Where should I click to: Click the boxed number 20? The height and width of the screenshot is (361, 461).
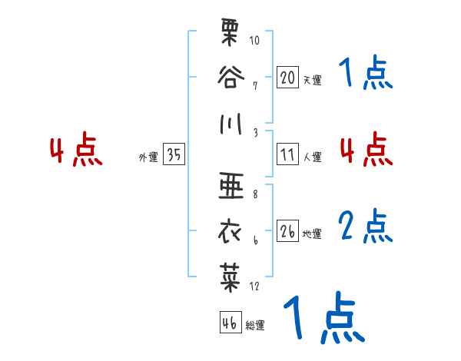pyautogui.click(x=287, y=77)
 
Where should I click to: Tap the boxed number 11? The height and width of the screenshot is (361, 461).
pyautogui.click(x=287, y=154)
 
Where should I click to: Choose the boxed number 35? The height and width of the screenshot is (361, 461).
pyautogui.click(x=174, y=155)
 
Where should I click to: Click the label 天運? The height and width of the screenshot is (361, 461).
pyautogui.click(x=311, y=80)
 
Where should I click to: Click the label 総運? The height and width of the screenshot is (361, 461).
pyautogui.click(x=254, y=325)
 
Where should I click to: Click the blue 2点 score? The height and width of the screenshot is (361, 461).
pyautogui.click(x=366, y=227)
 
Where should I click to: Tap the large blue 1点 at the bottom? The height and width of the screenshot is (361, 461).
pyautogui.click(x=323, y=319)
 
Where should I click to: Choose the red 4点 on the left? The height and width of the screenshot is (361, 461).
pyautogui.click(x=75, y=151)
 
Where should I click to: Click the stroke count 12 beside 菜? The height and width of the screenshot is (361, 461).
pyautogui.click(x=254, y=286)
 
